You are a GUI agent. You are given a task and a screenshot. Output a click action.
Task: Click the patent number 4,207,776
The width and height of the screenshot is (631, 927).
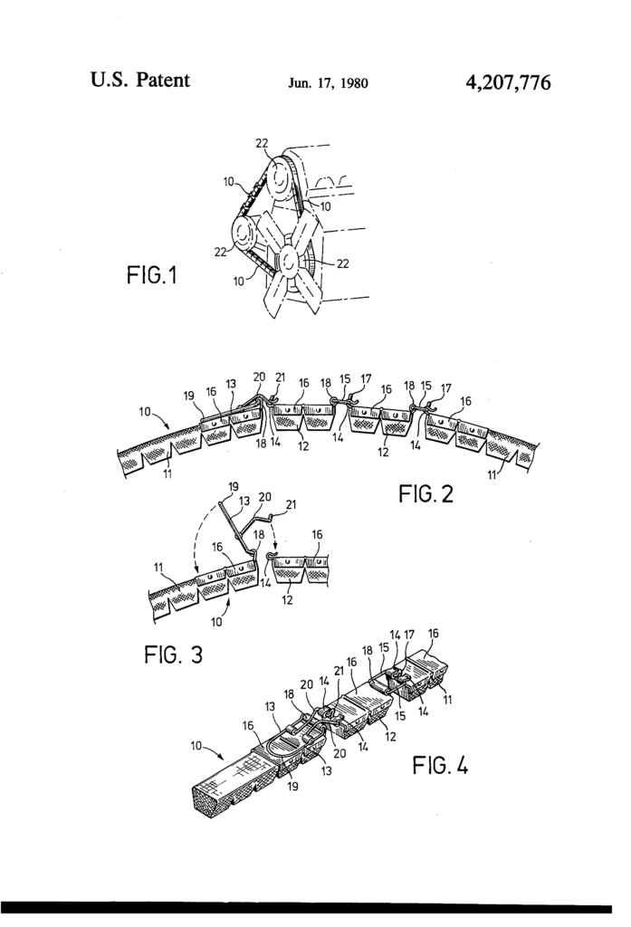[508, 82]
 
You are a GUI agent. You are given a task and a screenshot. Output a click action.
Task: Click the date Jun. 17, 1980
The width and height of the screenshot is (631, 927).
[329, 83]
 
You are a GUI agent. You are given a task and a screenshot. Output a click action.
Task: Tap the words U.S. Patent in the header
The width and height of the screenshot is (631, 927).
[140, 80]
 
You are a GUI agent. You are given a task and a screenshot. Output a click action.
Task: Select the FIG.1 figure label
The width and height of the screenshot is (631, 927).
[151, 275]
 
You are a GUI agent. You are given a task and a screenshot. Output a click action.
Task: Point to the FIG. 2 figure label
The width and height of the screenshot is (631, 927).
[425, 493]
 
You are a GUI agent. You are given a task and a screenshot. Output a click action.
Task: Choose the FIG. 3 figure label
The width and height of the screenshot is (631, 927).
[173, 655]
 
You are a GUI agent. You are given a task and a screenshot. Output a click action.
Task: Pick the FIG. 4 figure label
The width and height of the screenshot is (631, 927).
[440, 766]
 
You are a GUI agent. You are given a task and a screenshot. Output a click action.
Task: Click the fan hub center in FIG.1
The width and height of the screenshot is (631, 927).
[288, 258]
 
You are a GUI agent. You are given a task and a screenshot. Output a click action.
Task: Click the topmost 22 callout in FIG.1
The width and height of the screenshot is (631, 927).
[262, 142]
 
